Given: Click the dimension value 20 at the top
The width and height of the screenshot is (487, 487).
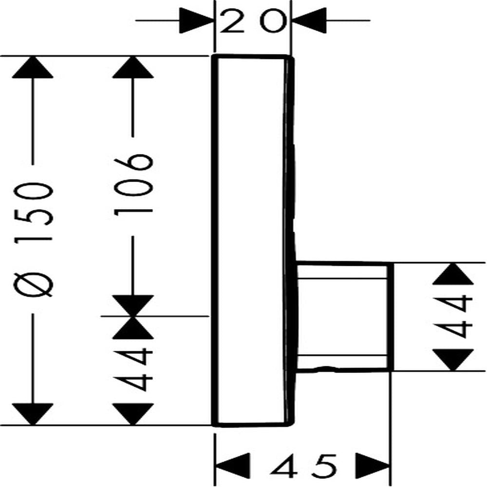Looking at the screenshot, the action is (252, 21).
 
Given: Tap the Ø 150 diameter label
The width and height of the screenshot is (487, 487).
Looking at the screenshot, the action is (33, 239).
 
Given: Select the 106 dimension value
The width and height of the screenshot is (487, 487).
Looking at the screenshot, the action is (133, 186).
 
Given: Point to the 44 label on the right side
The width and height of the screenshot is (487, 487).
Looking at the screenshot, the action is (453, 317).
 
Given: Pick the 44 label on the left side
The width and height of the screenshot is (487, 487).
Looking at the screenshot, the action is (133, 370).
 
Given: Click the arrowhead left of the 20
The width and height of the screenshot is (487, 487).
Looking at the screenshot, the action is (197, 21).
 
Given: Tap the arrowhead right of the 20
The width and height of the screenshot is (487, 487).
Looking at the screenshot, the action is (309, 21).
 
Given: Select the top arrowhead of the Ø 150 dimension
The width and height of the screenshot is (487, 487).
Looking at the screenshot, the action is (33, 67).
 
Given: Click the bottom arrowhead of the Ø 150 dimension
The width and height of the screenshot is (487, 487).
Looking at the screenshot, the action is (33, 414).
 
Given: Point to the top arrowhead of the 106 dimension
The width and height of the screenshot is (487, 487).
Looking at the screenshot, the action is (133, 67).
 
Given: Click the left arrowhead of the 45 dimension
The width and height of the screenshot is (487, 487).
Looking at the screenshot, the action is (233, 466).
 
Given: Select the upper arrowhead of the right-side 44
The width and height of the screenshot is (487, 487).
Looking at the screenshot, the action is (453, 274).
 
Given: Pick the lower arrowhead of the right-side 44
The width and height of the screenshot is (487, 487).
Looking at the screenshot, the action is (453, 360).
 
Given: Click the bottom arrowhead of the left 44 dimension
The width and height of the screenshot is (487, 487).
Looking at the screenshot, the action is (133, 414).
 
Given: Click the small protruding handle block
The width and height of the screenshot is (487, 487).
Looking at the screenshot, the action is (345, 317).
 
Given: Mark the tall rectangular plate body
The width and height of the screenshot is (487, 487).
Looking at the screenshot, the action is (252, 241).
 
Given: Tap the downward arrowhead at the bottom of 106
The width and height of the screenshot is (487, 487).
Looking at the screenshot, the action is (133, 306).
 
